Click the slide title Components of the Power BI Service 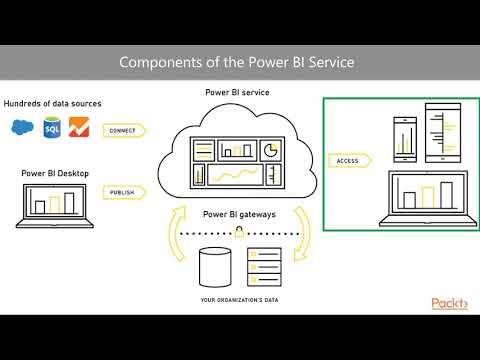tap(236, 62)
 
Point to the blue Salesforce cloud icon tap(21, 128)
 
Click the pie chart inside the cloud tap(269, 150)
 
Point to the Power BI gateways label tap(239, 213)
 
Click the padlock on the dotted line tap(239, 232)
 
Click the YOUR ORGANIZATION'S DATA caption tap(239, 300)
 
